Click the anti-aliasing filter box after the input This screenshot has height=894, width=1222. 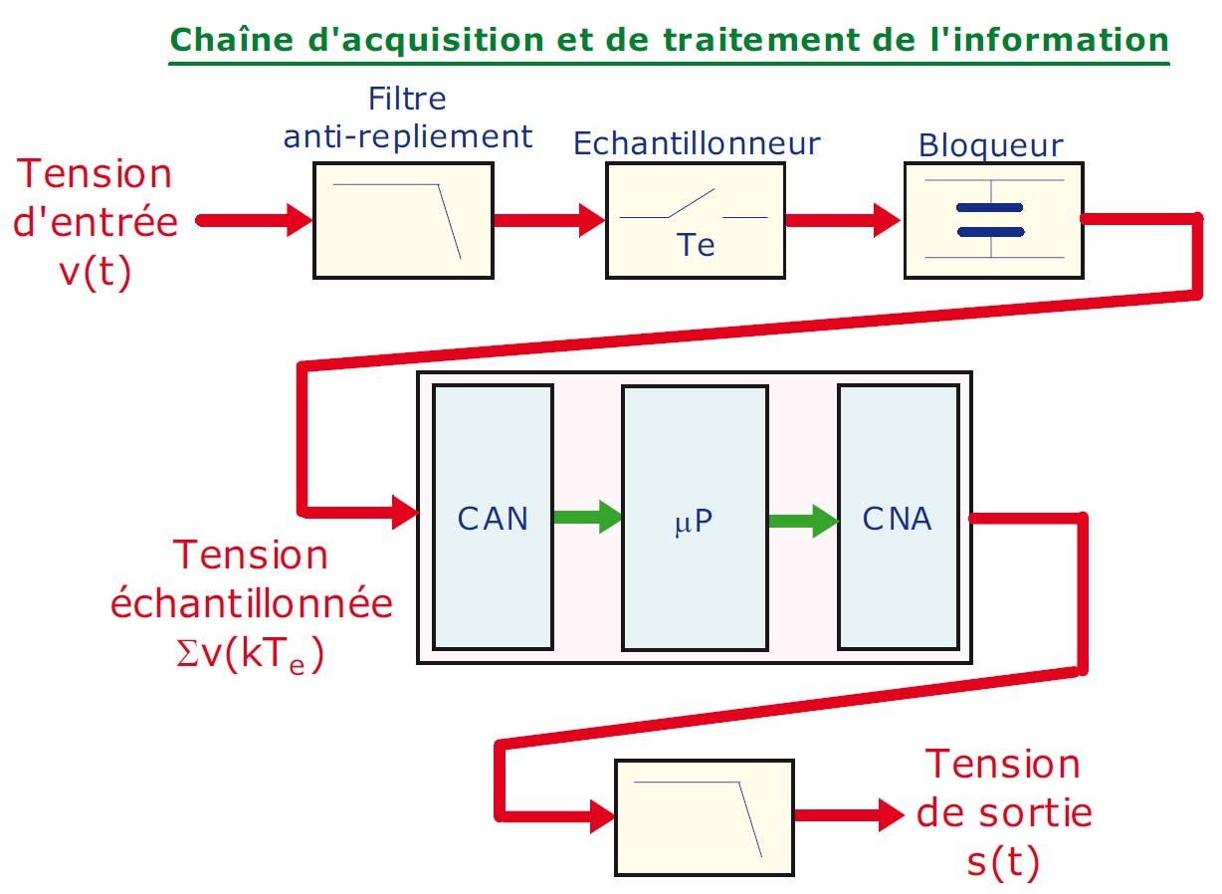[x=403, y=220]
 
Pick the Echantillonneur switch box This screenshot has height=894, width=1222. [x=695, y=220]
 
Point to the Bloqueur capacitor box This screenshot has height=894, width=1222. [x=991, y=220]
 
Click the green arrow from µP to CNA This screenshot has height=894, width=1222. [x=802, y=519]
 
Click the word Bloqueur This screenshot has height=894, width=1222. [x=990, y=145]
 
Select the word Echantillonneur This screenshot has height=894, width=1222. [x=697, y=143]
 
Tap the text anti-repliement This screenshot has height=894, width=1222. [x=408, y=136]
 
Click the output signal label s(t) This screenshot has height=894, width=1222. [x=1003, y=861]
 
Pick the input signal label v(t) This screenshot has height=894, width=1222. [x=96, y=271]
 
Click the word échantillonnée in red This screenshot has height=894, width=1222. [x=252, y=604]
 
